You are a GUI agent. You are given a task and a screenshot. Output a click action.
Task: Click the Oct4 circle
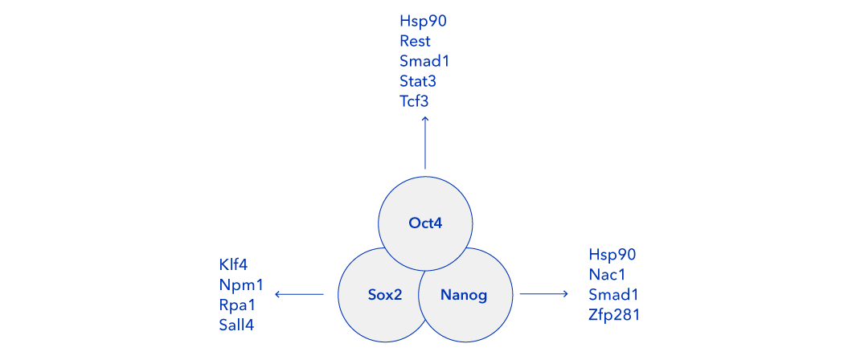point(425,223)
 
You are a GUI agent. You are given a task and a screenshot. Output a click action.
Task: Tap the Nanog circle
point(465,294)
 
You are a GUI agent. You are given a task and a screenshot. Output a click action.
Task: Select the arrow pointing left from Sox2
point(299,294)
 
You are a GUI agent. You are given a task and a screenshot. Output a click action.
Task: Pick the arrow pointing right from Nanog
point(543,294)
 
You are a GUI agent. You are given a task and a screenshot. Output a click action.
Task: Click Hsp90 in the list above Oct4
point(423,22)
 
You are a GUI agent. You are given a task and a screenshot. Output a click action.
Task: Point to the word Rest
point(416,42)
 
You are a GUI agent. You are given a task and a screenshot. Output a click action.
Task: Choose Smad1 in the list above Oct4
point(424,62)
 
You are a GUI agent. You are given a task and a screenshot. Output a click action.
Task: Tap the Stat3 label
point(418,82)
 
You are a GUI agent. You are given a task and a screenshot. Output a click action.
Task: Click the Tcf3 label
point(415,102)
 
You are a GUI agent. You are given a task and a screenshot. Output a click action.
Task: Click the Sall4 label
point(237,325)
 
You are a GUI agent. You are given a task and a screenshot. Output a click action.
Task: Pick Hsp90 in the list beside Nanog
point(612,255)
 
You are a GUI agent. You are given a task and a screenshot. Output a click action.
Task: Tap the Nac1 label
point(607,275)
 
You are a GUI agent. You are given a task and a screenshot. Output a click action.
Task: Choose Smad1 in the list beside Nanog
point(613,295)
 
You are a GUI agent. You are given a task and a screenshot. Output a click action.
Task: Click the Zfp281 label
point(615,315)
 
